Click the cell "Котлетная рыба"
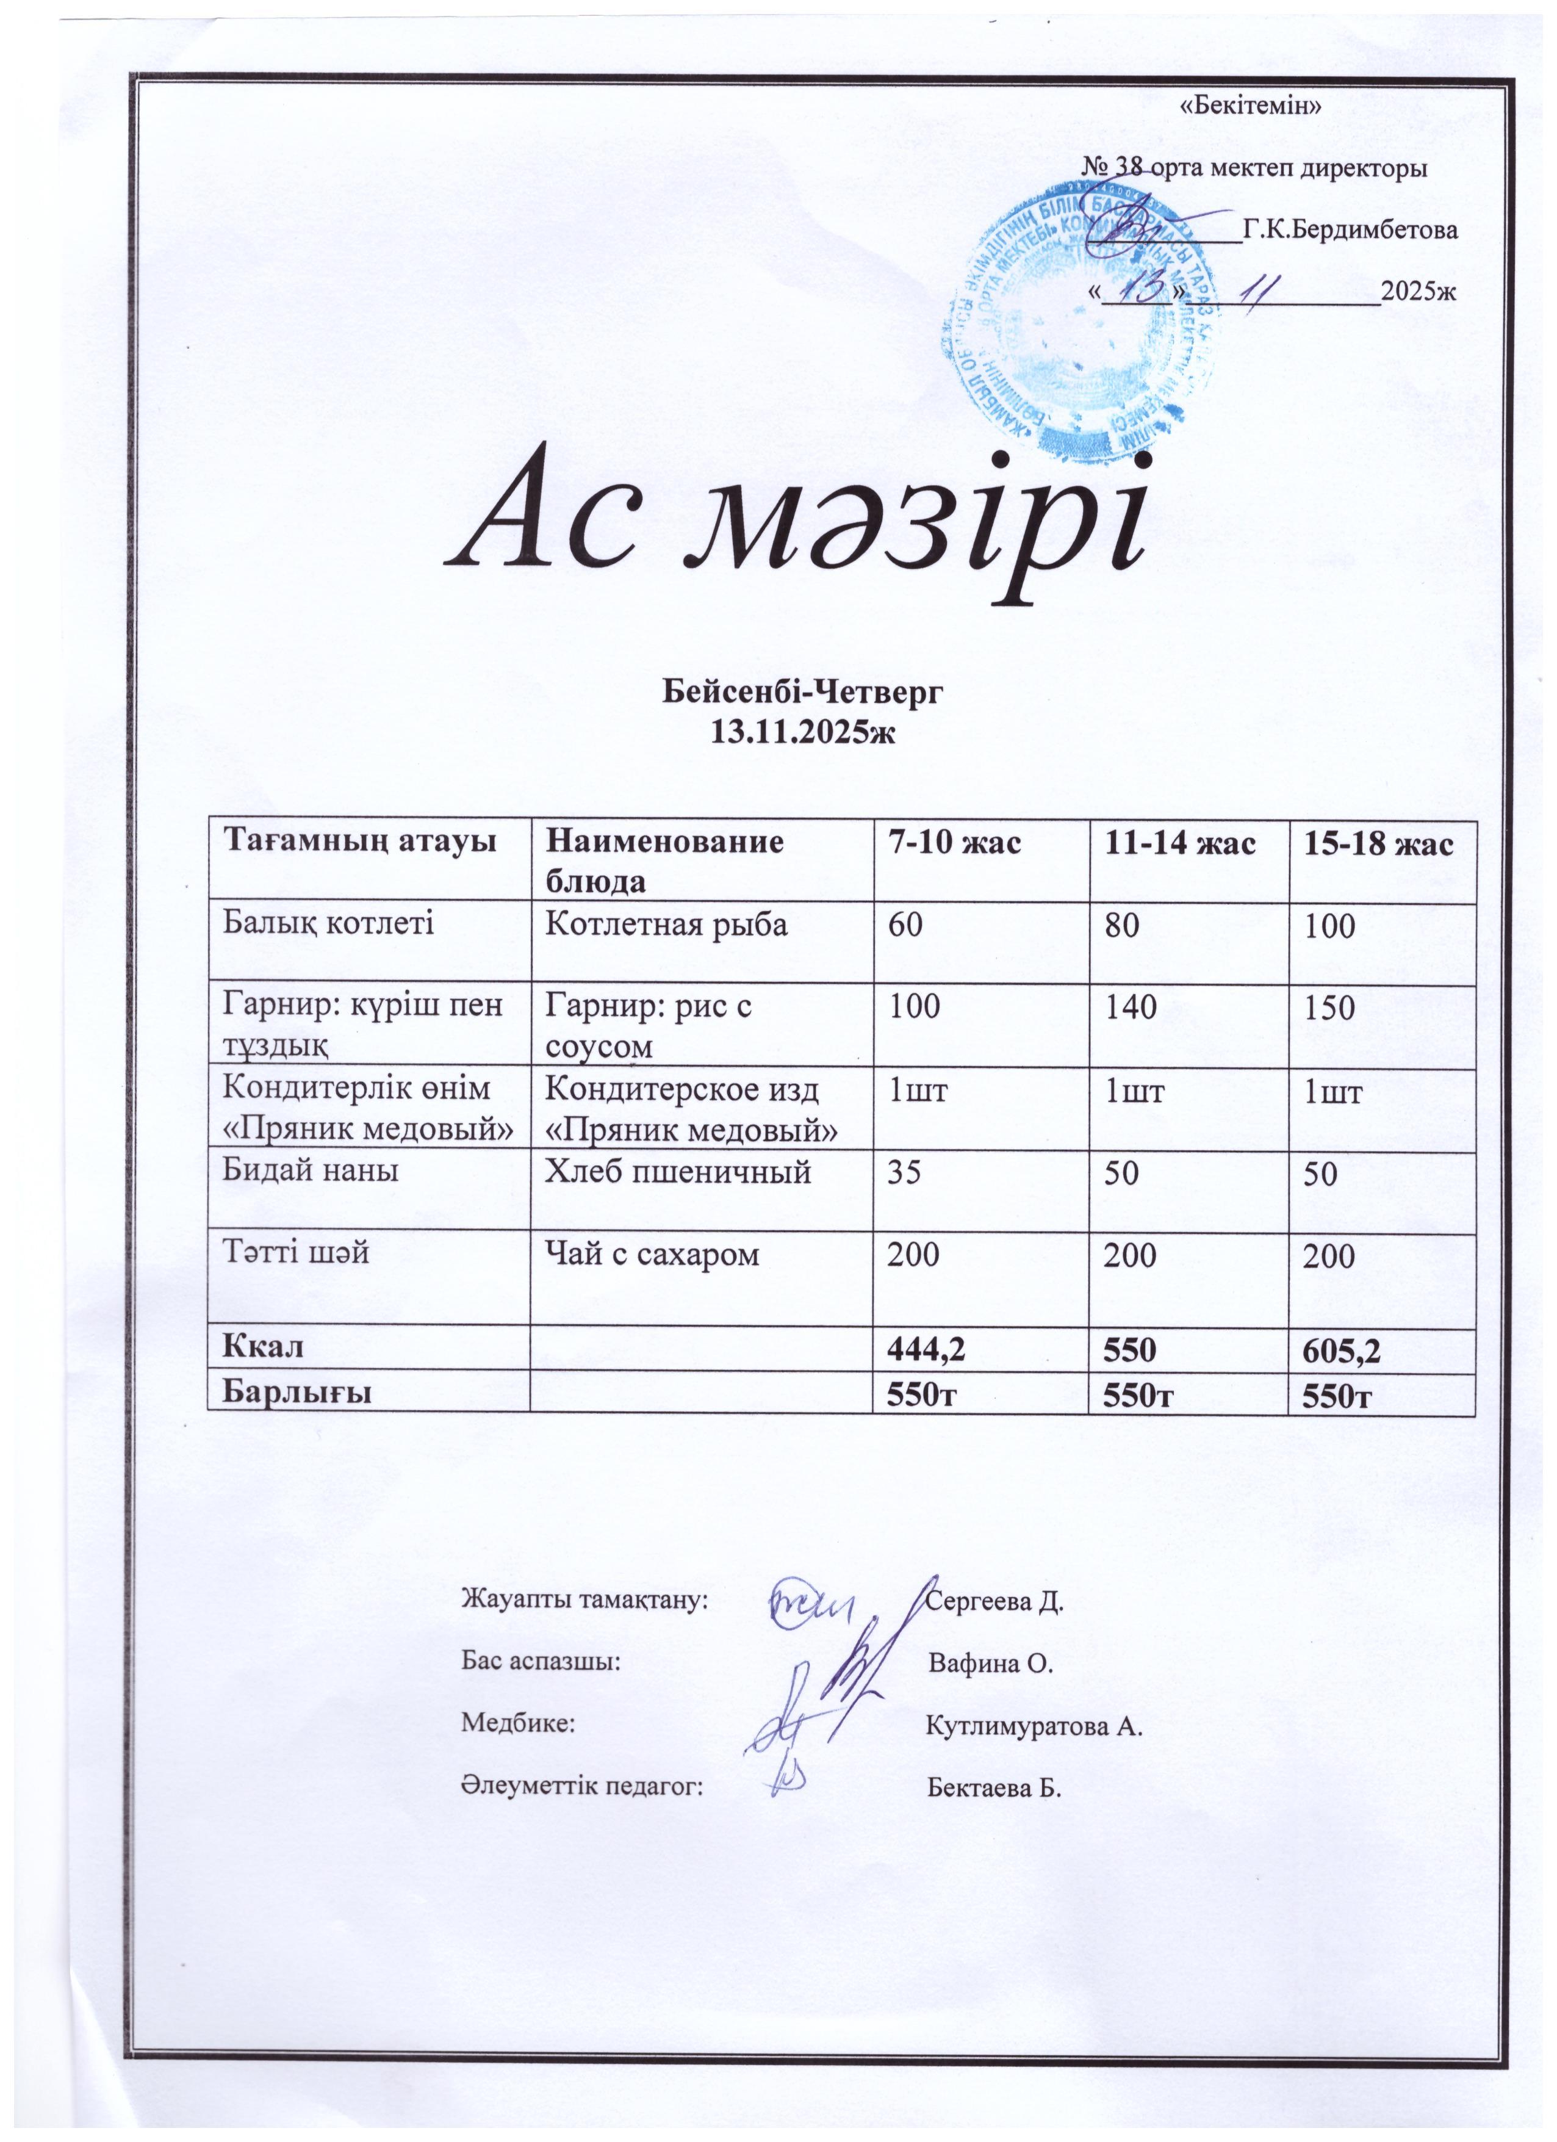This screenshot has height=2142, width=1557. [x=667, y=924]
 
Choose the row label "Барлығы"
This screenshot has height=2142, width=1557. [x=295, y=1392]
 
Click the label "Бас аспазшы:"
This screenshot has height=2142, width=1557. [x=540, y=1663]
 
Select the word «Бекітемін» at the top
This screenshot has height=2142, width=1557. [x=1250, y=105]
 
